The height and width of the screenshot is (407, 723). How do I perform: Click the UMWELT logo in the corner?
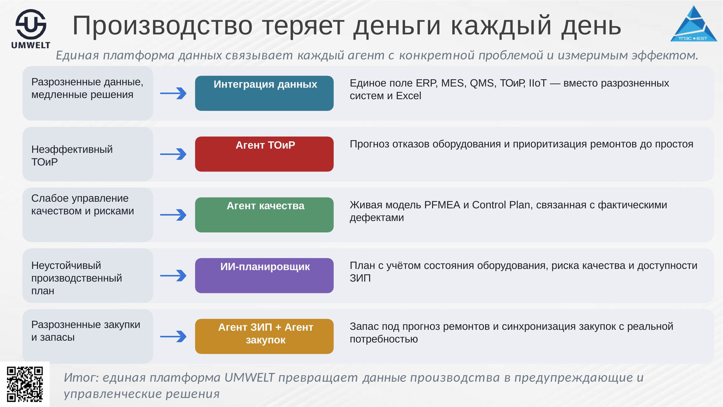click(31, 29)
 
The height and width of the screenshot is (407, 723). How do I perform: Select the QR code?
click(25, 384)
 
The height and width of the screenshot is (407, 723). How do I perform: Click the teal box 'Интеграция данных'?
click(264, 93)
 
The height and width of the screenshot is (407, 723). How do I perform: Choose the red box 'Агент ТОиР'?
click(264, 154)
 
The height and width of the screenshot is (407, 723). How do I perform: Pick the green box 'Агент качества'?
click(264, 215)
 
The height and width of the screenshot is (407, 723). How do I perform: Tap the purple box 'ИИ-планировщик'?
click(264, 276)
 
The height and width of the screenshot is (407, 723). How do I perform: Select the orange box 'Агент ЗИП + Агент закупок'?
click(264, 336)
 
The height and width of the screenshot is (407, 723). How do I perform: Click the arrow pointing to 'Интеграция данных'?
click(173, 94)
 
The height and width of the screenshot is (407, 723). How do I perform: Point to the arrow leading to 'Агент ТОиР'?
click(173, 154)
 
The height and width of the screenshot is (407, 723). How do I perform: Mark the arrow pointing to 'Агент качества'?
click(173, 215)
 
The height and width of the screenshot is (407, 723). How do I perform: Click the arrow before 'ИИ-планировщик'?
click(173, 276)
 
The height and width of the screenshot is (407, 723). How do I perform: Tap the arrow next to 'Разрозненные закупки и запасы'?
click(173, 337)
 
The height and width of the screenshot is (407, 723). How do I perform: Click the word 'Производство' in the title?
click(162, 25)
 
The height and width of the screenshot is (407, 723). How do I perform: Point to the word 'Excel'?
click(408, 96)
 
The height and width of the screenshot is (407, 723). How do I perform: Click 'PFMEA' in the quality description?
click(442, 205)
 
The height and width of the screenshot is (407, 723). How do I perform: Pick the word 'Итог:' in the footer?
click(81, 378)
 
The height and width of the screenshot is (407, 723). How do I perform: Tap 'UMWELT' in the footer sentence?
click(249, 378)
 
